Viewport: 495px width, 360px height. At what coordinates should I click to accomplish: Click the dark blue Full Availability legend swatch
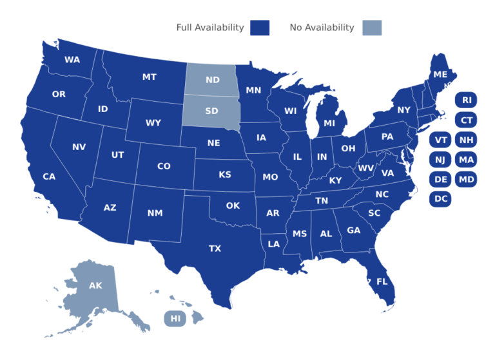[x=260, y=28]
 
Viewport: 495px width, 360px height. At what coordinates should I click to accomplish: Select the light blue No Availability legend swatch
[x=372, y=28]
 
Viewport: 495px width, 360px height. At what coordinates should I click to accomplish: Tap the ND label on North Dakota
[x=213, y=81]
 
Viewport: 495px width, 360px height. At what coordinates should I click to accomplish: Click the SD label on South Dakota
[x=211, y=111]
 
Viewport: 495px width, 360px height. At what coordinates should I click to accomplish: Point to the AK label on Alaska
[x=95, y=285]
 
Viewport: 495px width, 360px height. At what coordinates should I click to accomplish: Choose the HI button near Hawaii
[x=174, y=318]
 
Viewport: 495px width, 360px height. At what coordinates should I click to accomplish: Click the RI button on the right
[x=466, y=100]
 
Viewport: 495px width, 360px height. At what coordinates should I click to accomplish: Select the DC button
[x=441, y=199]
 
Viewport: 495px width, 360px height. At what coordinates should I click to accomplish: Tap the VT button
[x=441, y=140]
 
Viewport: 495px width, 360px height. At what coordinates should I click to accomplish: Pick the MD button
[x=466, y=179]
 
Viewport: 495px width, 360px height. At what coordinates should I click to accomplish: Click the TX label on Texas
[x=215, y=249]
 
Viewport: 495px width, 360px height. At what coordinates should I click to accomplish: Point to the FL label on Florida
[x=382, y=281]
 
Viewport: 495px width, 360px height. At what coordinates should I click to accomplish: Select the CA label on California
[x=49, y=176]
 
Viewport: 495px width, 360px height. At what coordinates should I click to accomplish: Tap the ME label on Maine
[x=440, y=75]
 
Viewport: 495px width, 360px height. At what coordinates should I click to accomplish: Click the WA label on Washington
[x=72, y=60]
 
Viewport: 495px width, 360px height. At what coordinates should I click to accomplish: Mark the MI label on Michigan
[x=329, y=123]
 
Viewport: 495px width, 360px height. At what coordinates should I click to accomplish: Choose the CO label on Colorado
[x=164, y=166]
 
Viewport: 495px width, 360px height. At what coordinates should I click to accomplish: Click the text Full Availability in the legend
[x=210, y=27]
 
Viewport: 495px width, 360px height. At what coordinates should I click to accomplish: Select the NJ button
[x=441, y=160]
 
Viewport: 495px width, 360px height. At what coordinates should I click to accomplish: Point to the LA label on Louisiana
[x=274, y=244]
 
